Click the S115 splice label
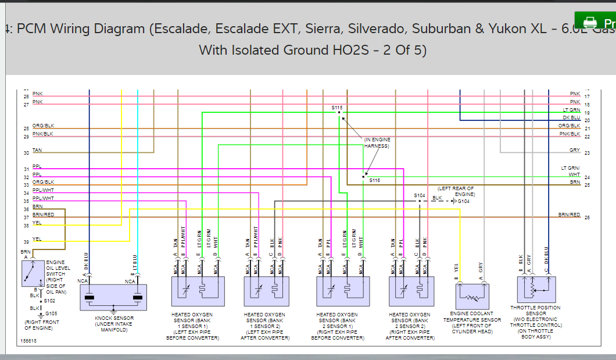pos(337,108)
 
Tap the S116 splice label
pos(374,180)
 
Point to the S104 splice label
pos(420,195)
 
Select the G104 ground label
pos(463,201)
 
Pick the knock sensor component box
pos(113,298)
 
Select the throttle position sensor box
pos(536,290)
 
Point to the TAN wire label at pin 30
pos(37,150)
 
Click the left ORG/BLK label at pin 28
pos(43,126)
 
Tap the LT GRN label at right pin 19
pos(571,110)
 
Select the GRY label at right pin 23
pos(575,150)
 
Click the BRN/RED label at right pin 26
pos(569,215)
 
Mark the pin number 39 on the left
pos(26,242)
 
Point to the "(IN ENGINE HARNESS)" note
pos(378,143)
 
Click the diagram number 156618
pos(28,341)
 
